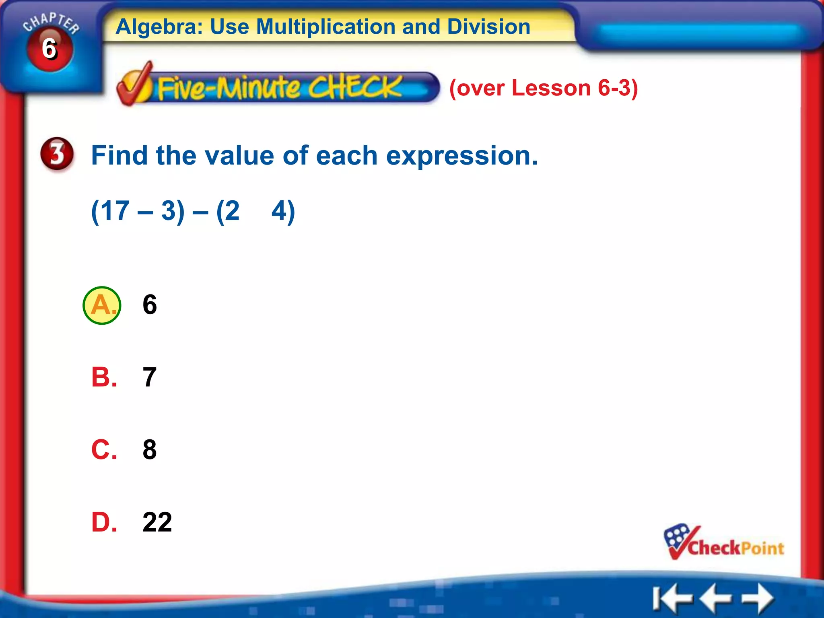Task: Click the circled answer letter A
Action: point(102,305)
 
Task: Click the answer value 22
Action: point(157,522)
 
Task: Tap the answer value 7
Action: point(150,377)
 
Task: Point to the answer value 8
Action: point(150,449)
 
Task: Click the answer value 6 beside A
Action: point(150,305)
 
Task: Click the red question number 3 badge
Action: point(57,154)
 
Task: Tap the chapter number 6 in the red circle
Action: point(49,49)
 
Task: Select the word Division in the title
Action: point(488,27)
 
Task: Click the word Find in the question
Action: point(119,156)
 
